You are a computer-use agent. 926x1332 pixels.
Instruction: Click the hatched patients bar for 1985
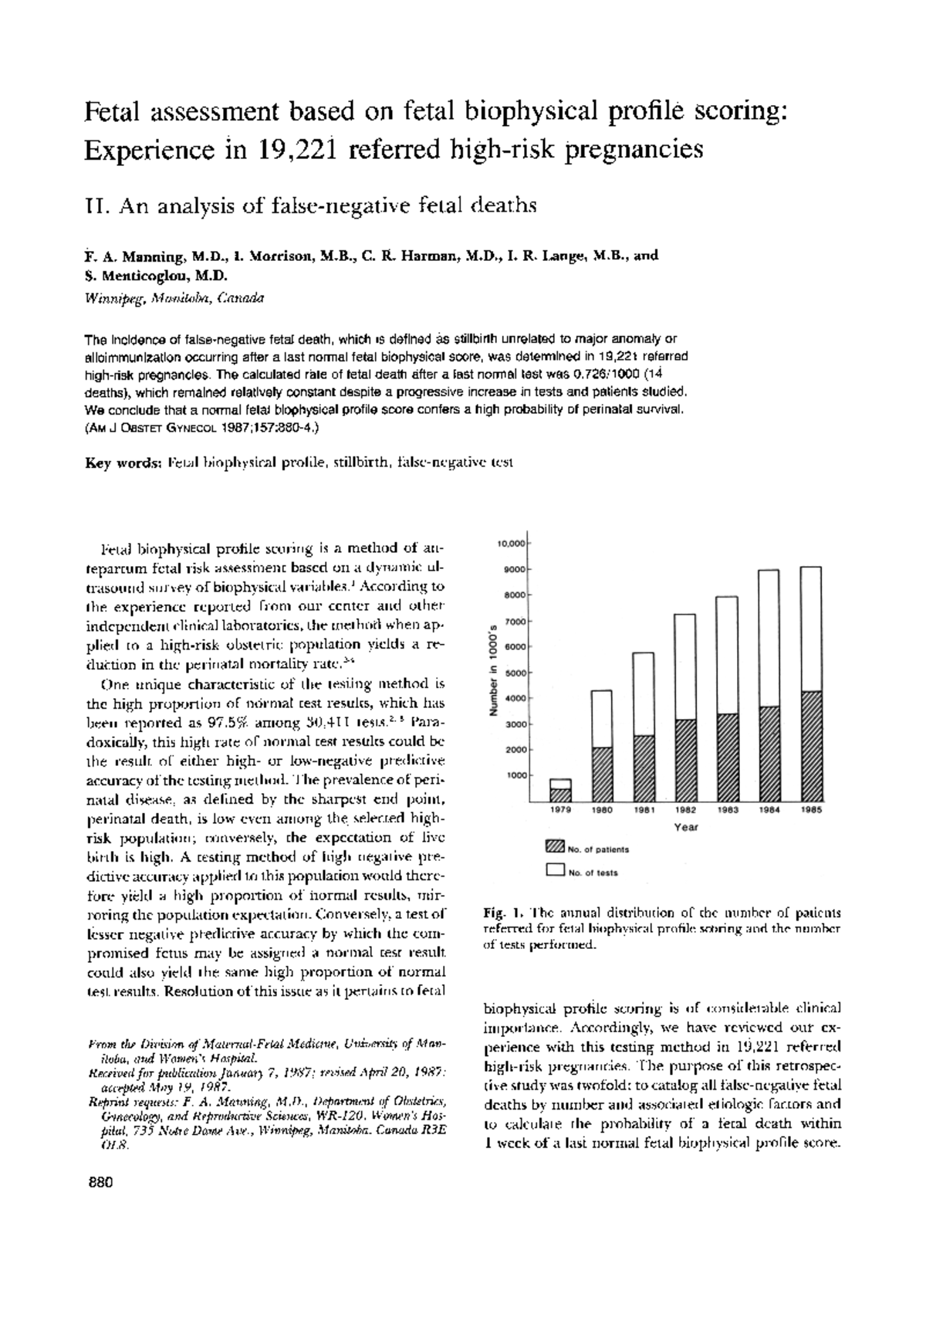pyautogui.click(x=810, y=745)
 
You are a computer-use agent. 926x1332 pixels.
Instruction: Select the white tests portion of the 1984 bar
pyautogui.click(x=768, y=637)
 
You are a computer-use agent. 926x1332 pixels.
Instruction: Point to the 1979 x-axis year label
pyautogui.click(x=560, y=811)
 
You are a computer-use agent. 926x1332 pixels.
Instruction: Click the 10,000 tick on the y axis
pyautogui.click(x=511, y=544)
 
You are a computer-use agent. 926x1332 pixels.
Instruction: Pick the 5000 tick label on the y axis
pyautogui.click(x=514, y=673)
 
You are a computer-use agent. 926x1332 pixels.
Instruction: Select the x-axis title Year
pyautogui.click(x=685, y=828)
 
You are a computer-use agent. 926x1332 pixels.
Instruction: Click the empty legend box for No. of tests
pyautogui.click(x=554, y=871)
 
